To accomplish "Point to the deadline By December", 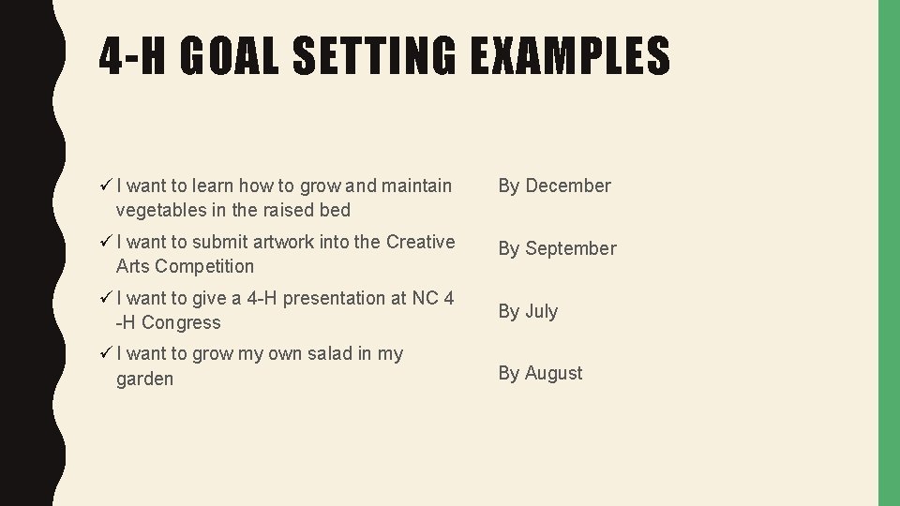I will (554, 186).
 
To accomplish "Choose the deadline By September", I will (557, 248).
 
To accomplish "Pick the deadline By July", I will (528, 311).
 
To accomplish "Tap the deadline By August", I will (540, 373).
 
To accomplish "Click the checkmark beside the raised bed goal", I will (105, 186).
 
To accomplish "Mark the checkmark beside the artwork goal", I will (105, 242).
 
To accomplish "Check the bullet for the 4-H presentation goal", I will (105, 298).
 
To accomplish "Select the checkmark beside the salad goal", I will (105, 353).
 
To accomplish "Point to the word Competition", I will (204, 266).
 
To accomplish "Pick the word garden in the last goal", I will (144, 379).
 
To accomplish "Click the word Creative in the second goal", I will (420, 242).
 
